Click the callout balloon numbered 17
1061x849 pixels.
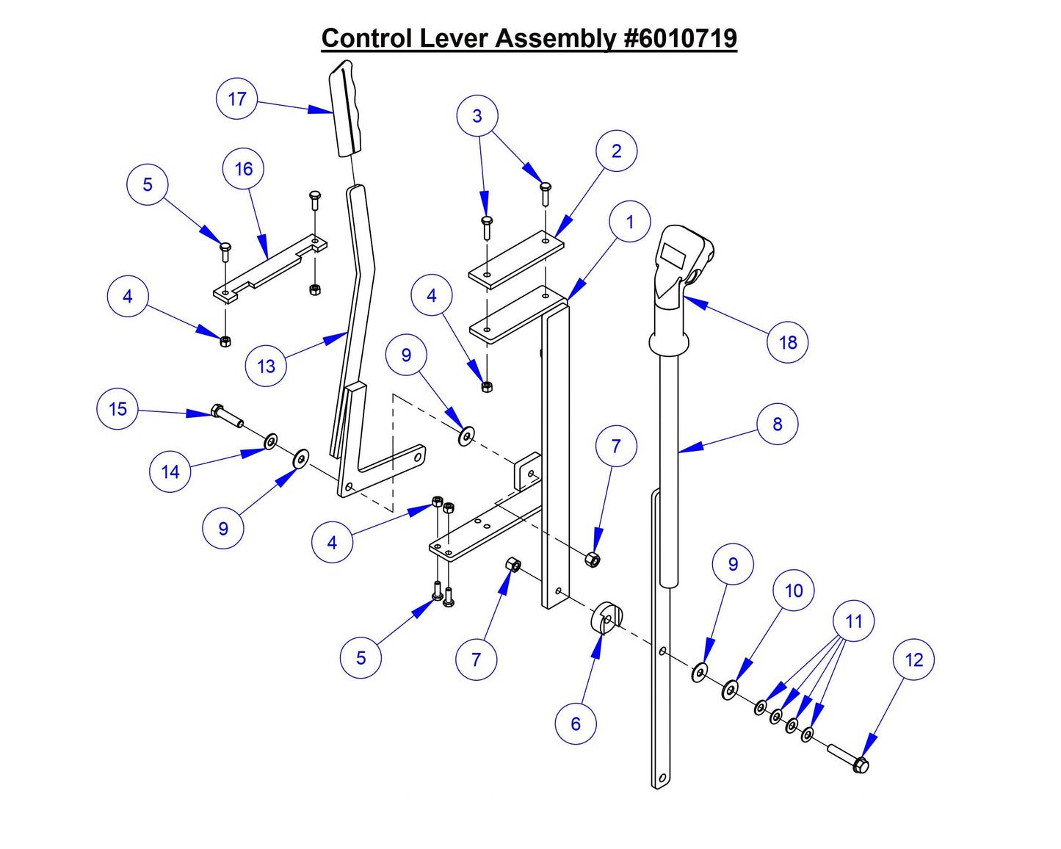237,99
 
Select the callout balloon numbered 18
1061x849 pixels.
787,342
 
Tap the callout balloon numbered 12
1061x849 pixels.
913,660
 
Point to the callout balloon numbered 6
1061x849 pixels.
576,723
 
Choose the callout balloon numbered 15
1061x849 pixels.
117,409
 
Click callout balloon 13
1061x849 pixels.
266,366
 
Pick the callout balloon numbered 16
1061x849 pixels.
244,169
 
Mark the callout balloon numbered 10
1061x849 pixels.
794,590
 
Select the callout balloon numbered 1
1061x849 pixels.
629,222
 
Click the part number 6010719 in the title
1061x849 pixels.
680,38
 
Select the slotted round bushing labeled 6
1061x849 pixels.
606,617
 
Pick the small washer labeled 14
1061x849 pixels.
270,441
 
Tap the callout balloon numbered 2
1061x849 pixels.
616,151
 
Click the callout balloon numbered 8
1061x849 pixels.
777,424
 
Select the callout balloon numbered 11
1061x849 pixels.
853,621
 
